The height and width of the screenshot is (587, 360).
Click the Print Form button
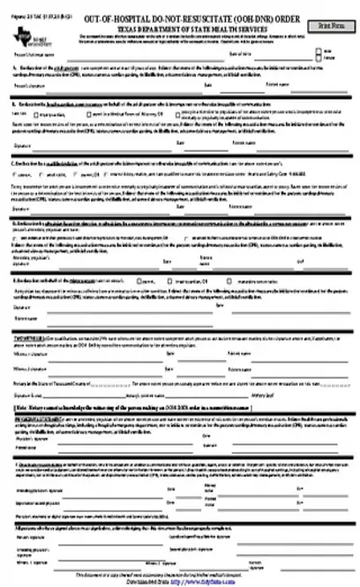(330, 26)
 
